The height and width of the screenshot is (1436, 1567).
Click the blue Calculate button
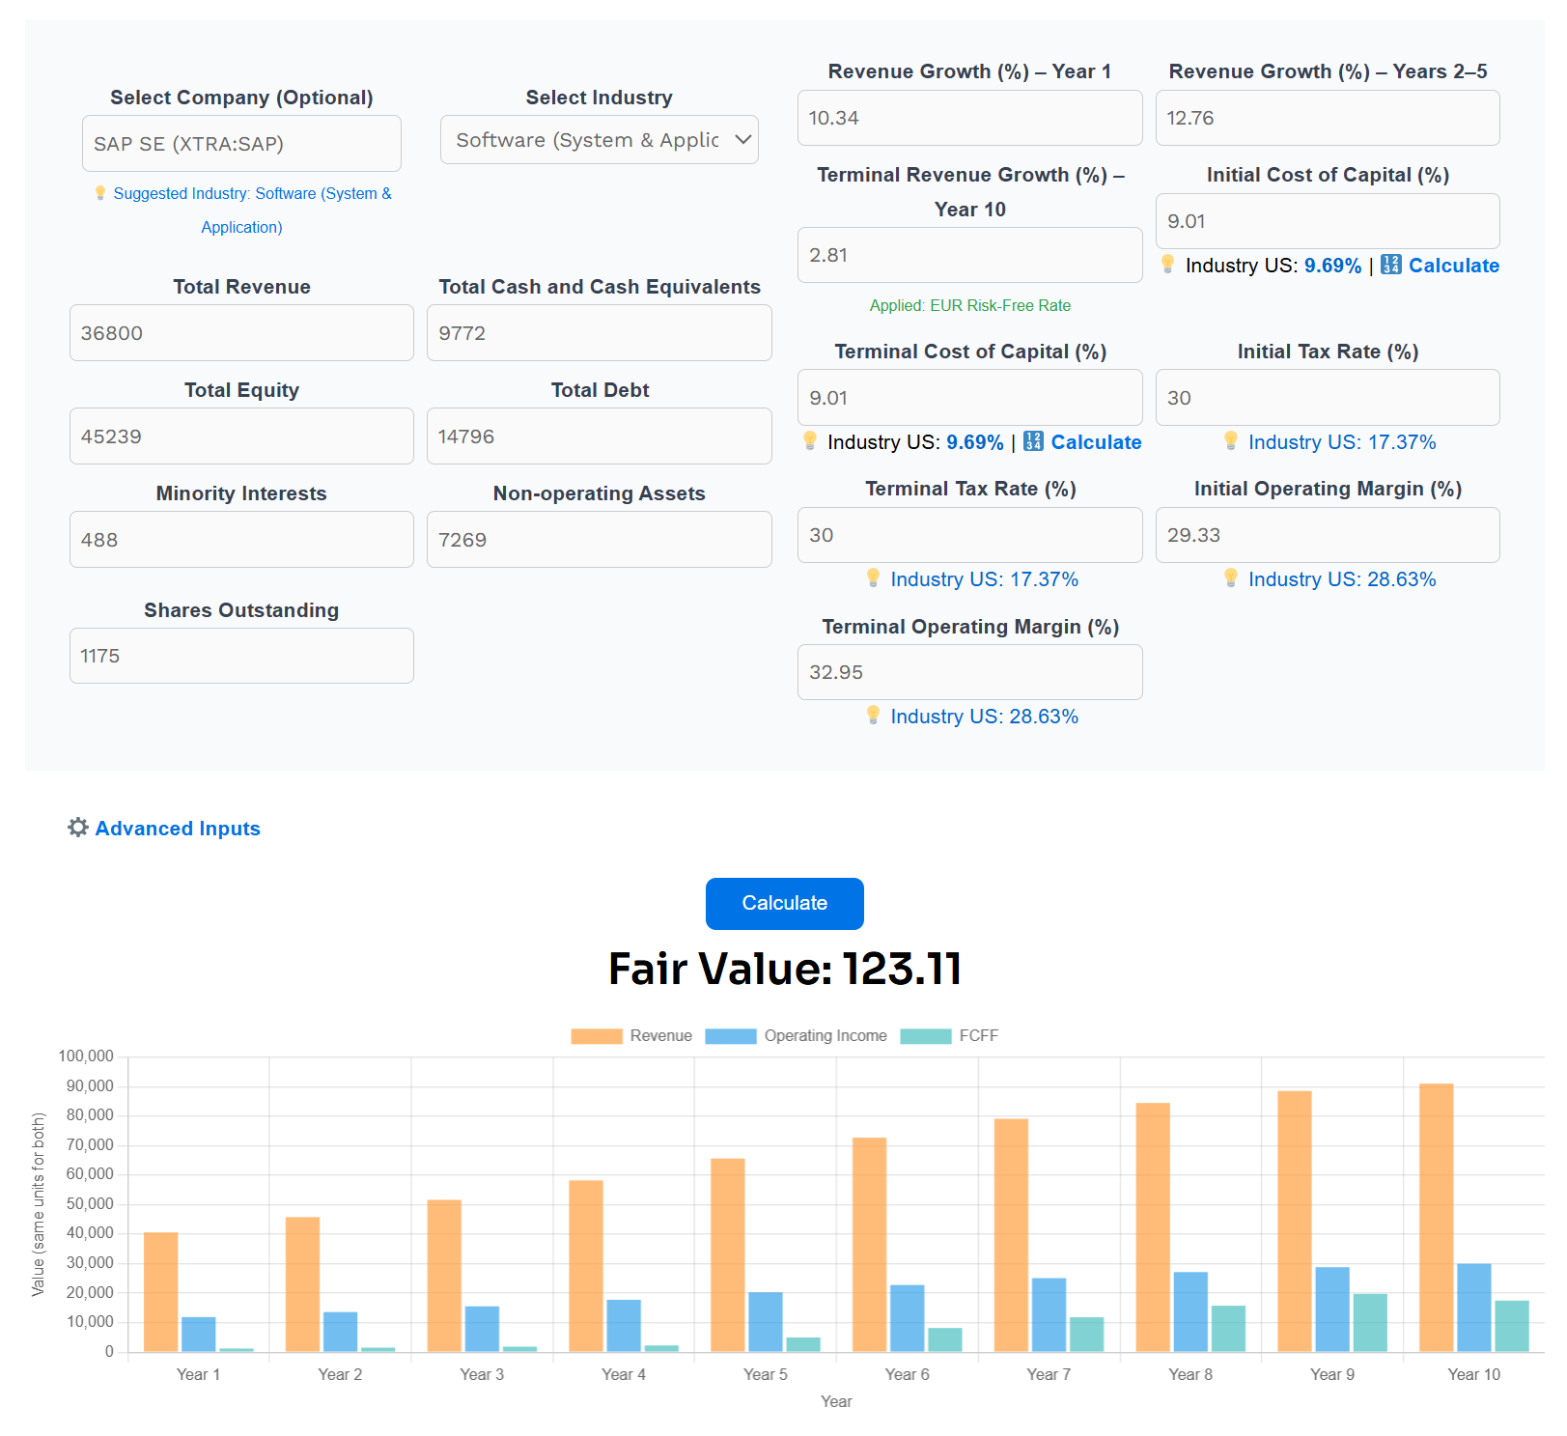point(784,904)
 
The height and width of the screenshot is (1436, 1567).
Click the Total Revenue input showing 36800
point(241,333)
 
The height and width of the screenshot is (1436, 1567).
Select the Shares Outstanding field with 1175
point(241,656)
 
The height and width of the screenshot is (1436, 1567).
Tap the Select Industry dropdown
point(599,140)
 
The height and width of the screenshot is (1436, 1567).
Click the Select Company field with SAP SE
point(241,144)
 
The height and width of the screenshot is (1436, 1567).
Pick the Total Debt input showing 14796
point(599,436)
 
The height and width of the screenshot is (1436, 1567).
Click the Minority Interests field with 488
point(241,540)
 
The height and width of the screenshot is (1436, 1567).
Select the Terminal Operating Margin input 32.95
point(969,672)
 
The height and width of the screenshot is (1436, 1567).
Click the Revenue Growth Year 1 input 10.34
point(969,118)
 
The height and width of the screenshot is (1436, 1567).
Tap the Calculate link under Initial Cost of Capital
point(1453,266)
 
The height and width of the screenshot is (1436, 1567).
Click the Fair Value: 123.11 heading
point(784,969)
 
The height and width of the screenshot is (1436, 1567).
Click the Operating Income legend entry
point(797,1036)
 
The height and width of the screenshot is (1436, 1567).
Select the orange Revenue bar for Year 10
point(1436,1217)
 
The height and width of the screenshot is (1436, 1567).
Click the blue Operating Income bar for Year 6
point(907,1318)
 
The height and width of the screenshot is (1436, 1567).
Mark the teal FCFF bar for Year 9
point(1370,1322)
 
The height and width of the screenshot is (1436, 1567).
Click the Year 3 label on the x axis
point(482,1374)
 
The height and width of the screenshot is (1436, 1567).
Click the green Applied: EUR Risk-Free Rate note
point(969,305)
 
